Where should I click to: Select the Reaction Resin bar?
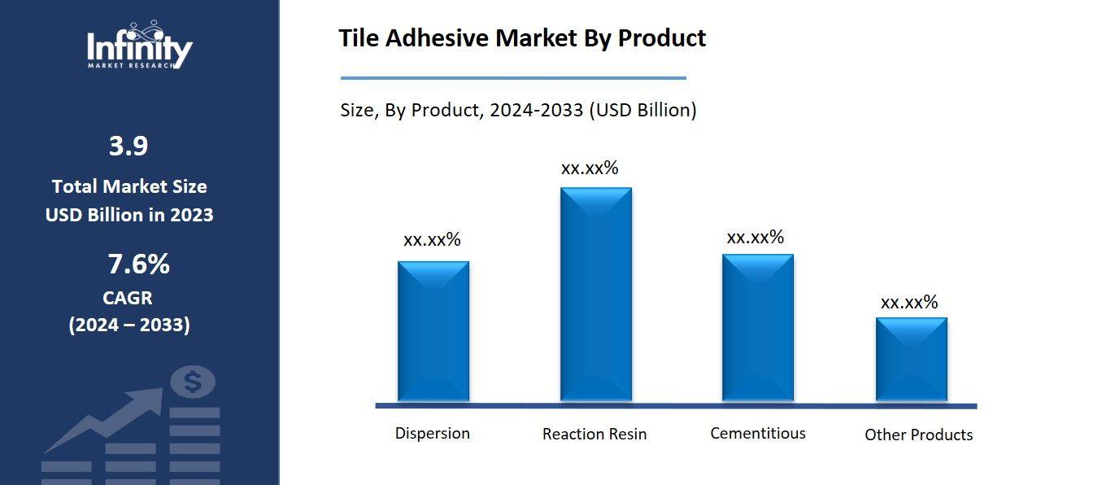click(x=595, y=294)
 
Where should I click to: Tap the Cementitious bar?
click(x=758, y=327)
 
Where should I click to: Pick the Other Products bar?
click(x=911, y=359)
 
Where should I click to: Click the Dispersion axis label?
click(x=433, y=433)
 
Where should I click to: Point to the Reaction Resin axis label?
click(x=595, y=435)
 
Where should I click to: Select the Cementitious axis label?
click(x=758, y=433)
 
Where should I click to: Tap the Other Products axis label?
click(x=918, y=435)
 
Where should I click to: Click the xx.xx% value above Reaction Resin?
click(x=590, y=168)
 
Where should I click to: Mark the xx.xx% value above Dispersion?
click(x=432, y=240)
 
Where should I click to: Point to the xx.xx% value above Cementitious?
click(x=755, y=238)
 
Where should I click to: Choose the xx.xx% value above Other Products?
click(x=909, y=303)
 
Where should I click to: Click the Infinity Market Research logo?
click(x=140, y=46)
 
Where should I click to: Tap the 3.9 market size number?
click(x=128, y=146)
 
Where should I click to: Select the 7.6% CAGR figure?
click(x=138, y=264)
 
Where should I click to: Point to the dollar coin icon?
click(x=194, y=381)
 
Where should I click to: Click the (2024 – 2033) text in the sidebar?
click(x=129, y=326)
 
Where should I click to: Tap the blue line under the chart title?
click(x=512, y=78)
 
